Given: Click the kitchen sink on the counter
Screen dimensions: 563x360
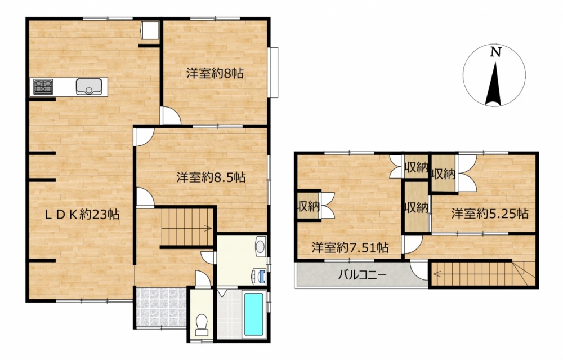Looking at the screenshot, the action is coord(89,87).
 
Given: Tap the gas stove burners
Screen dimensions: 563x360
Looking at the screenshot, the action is coord(43,87).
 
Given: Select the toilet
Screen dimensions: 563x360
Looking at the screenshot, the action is coord(202,325).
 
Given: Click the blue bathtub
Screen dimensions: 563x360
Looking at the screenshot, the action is coord(253,314).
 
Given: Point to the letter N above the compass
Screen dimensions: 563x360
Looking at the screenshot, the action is coord(495,52).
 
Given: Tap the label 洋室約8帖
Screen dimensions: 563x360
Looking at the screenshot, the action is coord(215,74).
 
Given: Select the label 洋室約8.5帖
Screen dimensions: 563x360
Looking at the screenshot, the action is coord(211,177).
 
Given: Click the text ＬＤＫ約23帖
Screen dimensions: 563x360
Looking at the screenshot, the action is coord(82,215).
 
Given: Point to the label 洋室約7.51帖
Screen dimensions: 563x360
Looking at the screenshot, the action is coord(350,247).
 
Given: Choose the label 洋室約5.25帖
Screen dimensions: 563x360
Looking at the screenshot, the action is coord(490,214).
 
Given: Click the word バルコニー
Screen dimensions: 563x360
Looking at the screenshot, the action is coord(362,275).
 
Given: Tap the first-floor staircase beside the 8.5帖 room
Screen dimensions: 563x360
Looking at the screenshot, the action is coord(187,226).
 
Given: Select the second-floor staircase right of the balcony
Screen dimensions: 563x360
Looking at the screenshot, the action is coord(484,274).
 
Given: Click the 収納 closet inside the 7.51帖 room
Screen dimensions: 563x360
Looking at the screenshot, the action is coord(309,206).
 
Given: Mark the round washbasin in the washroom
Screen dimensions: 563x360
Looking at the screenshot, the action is coord(260,247).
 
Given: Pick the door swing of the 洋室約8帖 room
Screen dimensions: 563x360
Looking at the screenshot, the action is coord(171,115).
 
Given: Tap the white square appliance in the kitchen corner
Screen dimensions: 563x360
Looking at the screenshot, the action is coord(150,30).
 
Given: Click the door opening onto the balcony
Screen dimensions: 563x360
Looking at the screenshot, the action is coord(419,270).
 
